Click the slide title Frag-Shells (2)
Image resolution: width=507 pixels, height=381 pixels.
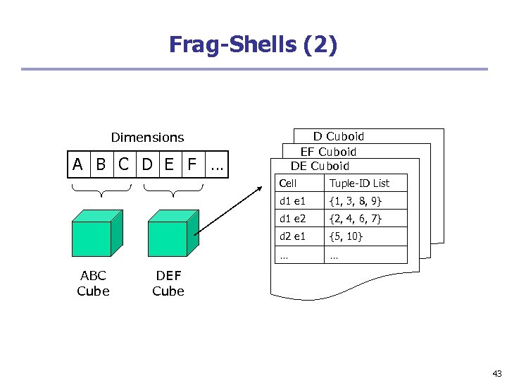click(253, 45)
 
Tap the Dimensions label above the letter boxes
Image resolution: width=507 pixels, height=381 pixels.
click(147, 138)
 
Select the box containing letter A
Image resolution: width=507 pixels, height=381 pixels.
click(79, 165)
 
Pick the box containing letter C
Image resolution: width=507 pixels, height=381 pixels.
click(124, 165)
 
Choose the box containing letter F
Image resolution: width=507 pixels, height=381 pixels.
click(192, 165)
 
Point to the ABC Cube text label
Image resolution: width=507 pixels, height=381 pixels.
click(92, 283)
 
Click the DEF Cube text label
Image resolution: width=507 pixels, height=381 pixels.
click(168, 283)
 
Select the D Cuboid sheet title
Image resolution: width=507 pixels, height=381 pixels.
click(339, 136)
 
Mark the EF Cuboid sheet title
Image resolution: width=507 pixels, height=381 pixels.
click(328, 152)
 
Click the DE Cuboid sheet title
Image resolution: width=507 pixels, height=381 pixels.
click(320, 167)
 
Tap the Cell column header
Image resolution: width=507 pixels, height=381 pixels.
click(288, 183)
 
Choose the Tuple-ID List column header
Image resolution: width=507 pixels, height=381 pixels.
click(359, 183)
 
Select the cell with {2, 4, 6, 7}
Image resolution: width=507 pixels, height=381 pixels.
click(356, 219)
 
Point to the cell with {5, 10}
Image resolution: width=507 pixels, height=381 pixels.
click(346, 236)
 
